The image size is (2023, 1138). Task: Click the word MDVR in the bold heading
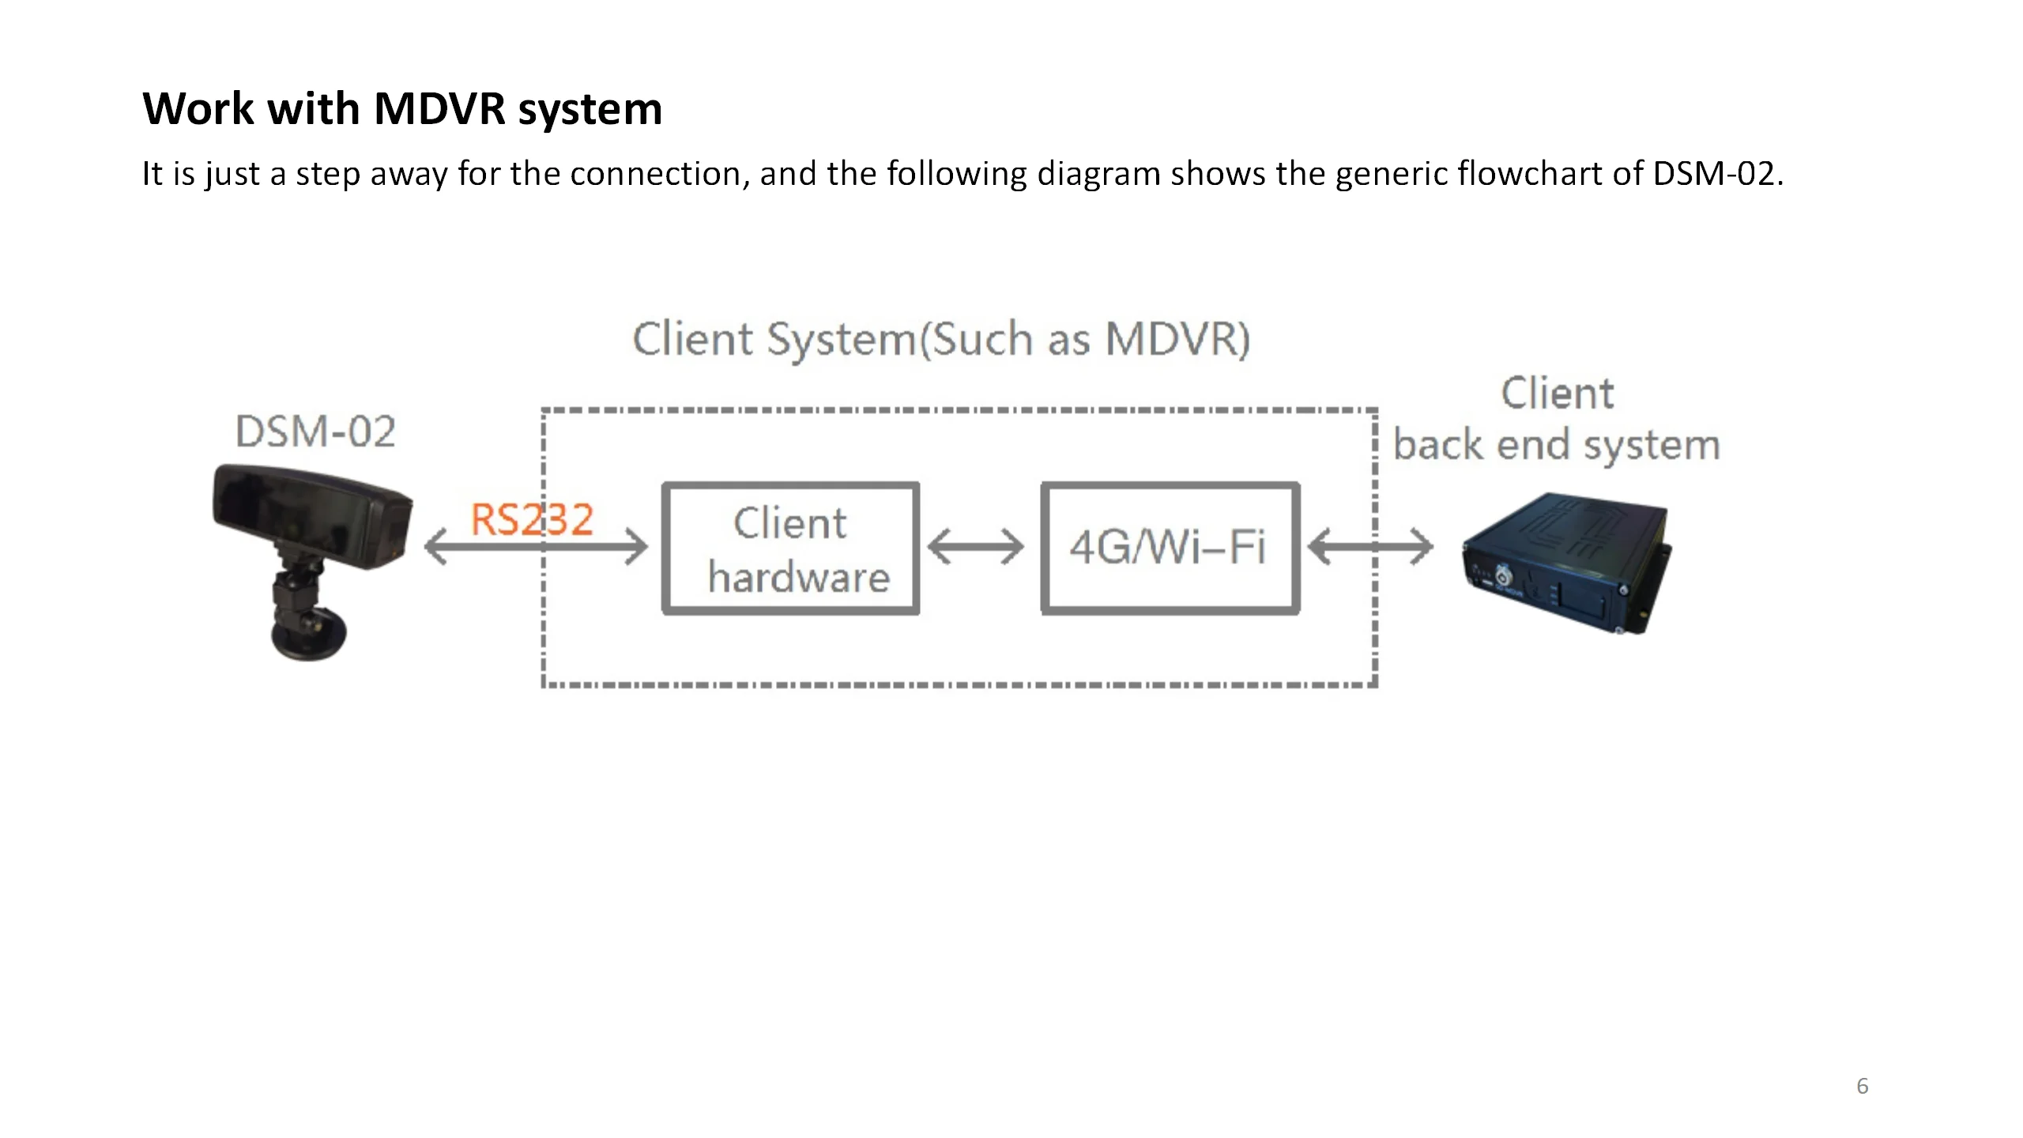439,108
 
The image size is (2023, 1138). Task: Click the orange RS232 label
531,520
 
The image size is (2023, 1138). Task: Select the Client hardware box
790,548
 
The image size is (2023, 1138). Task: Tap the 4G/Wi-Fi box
1170,548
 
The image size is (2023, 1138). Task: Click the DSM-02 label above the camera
315,431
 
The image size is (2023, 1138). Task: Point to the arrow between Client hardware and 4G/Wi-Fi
976,547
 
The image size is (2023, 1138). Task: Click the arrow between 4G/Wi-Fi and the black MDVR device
1369,547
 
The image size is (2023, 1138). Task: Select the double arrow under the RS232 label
536,548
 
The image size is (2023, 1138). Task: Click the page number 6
1862,1086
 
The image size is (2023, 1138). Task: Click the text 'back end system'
1556,445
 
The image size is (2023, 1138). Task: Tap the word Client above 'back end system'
1557,394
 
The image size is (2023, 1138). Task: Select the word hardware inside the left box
798,576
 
